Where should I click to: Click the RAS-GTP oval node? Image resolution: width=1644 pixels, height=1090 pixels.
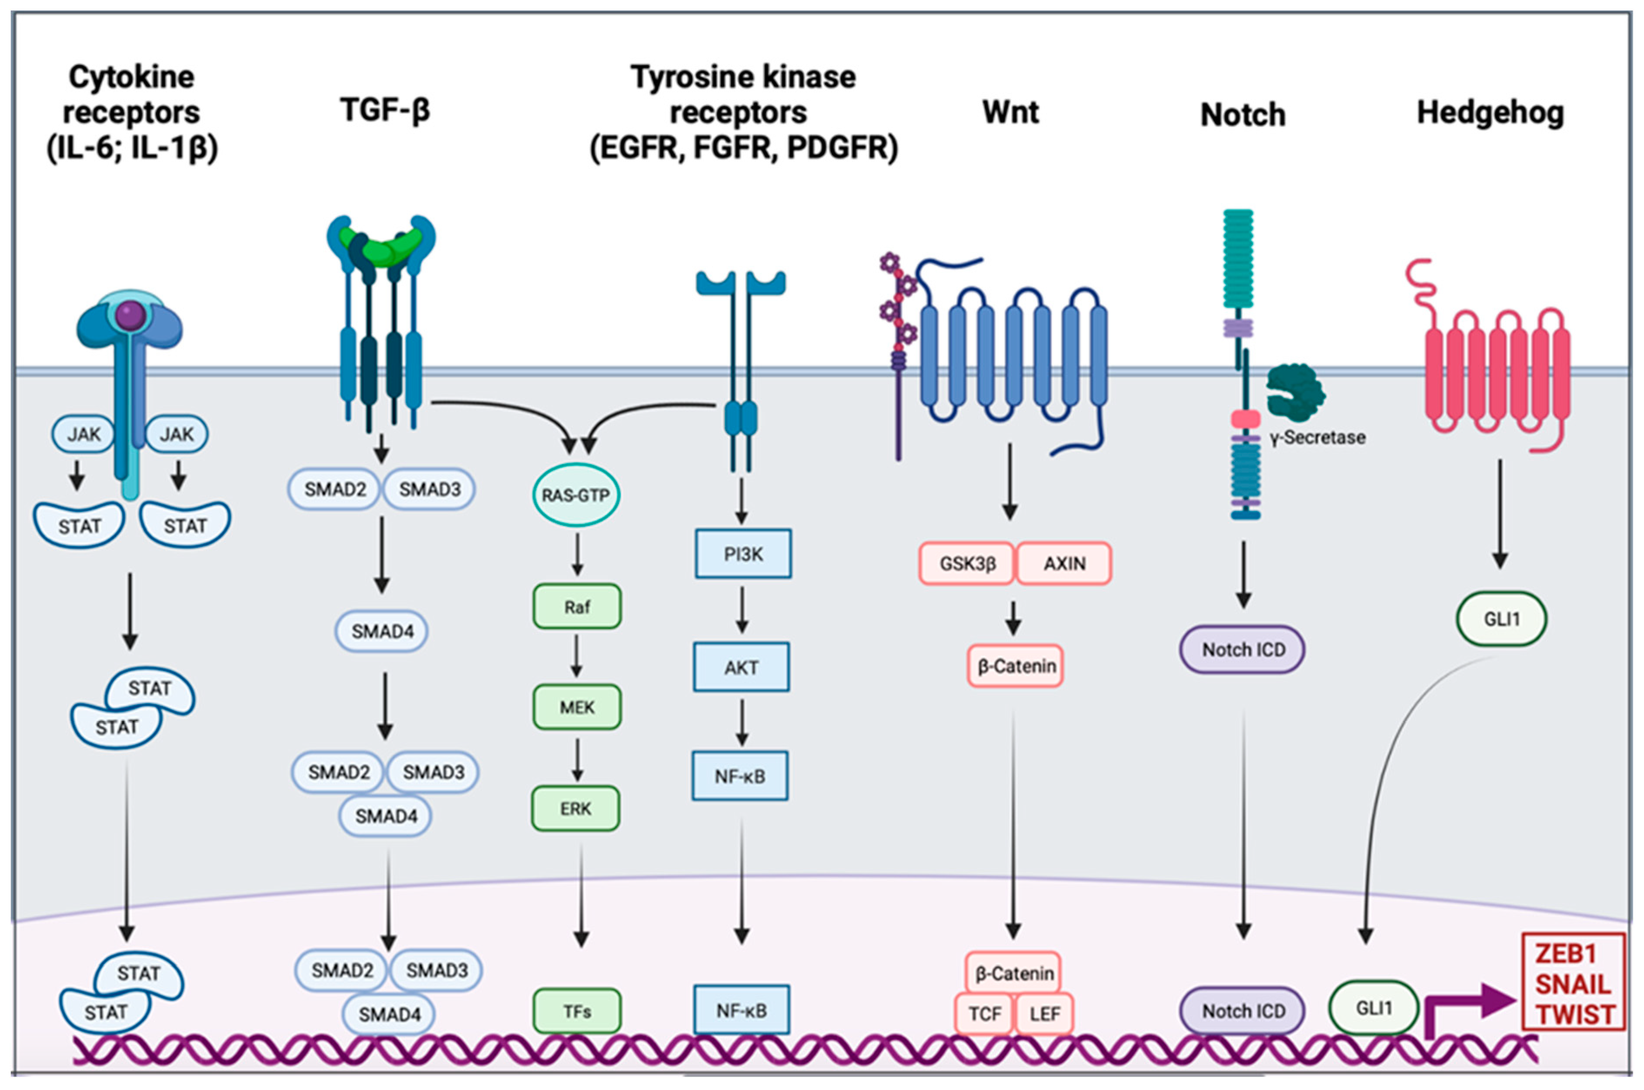click(575, 495)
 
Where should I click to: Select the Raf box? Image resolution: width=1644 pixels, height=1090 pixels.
click(577, 607)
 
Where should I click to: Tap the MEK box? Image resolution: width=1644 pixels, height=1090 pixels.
click(577, 707)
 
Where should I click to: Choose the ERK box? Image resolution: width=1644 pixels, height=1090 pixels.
click(575, 809)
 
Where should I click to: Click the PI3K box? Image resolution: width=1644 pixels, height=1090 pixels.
click(743, 554)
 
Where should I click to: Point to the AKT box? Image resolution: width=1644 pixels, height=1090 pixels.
click(741, 667)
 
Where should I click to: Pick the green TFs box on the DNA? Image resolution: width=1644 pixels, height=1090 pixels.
click(577, 1011)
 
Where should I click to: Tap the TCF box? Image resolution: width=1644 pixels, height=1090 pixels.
click(984, 1014)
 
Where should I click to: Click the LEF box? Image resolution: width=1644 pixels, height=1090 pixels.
click(1045, 1014)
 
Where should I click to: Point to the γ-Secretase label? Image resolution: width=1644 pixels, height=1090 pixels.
click(1317, 437)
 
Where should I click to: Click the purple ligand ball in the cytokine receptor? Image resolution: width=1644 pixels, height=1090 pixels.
click(130, 316)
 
